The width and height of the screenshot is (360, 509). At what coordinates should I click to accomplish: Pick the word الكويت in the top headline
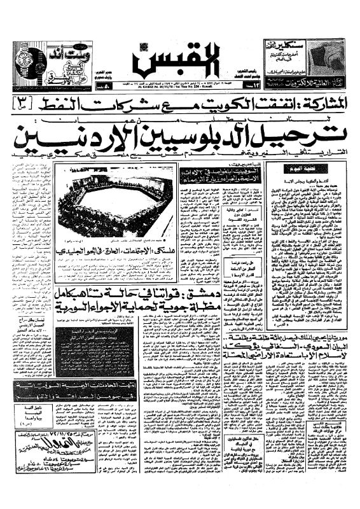pos(204,101)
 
